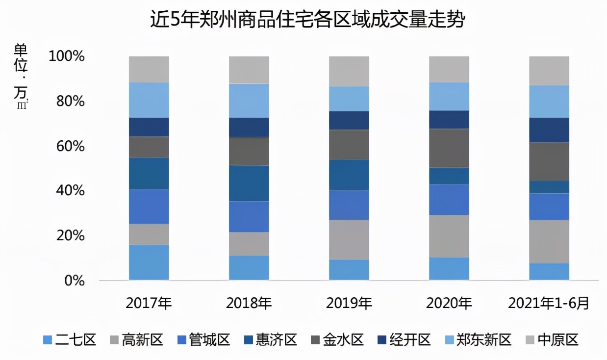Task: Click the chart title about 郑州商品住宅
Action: coord(307,21)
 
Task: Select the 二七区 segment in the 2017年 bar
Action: coord(149,262)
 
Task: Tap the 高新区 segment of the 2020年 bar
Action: coord(449,236)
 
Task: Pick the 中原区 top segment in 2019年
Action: coord(349,71)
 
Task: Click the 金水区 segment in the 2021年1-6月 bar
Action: coord(549,161)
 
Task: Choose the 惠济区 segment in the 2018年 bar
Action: coord(249,183)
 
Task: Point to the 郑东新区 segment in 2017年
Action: coord(149,100)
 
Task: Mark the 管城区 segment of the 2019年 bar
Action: coord(349,205)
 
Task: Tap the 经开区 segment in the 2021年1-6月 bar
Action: coord(549,130)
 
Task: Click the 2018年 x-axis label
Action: coord(249,303)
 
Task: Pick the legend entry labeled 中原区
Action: coord(553,340)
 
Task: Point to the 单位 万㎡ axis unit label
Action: coord(21,76)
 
